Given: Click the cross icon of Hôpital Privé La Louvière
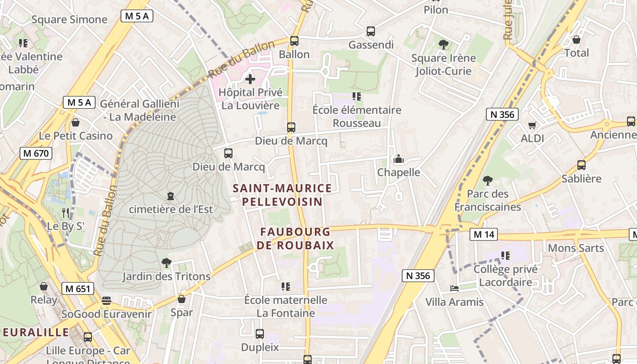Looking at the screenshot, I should click(x=250, y=79).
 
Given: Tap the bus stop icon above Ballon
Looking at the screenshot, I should click(x=294, y=41).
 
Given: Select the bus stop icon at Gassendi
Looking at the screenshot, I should click(x=371, y=31).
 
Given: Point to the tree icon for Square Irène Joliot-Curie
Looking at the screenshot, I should click(x=443, y=44).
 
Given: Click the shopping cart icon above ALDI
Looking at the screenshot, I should click(x=532, y=125).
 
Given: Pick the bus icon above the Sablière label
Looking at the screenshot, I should click(x=581, y=165).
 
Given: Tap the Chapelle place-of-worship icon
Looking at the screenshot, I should click(x=399, y=159).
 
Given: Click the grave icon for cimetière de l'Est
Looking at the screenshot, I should click(x=171, y=196).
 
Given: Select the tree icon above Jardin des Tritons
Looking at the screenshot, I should click(x=166, y=263).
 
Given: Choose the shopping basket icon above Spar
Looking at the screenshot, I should click(x=182, y=299).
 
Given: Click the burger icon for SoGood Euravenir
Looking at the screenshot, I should click(x=106, y=301).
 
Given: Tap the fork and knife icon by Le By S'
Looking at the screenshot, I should click(x=66, y=212).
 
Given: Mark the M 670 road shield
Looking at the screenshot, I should click(x=36, y=153).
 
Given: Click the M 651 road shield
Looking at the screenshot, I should click(x=78, y=288).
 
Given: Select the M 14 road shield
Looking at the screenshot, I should click(x=483, y=234).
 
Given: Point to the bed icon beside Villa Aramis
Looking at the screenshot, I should click(x=454, y=288).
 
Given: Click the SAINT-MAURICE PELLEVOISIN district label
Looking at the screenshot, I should click(x=282, y=195).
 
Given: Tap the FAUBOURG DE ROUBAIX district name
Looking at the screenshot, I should click(x=295, y=238).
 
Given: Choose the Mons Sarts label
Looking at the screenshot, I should click(x=576, y=248).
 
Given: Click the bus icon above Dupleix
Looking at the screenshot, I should click(x=260, y=334).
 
